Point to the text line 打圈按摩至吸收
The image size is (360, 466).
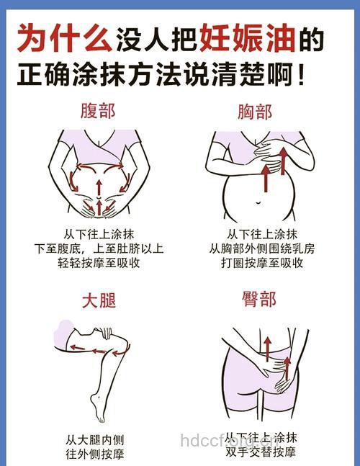[x=261, y=263]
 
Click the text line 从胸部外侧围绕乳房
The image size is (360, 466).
[x=261, y=248]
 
